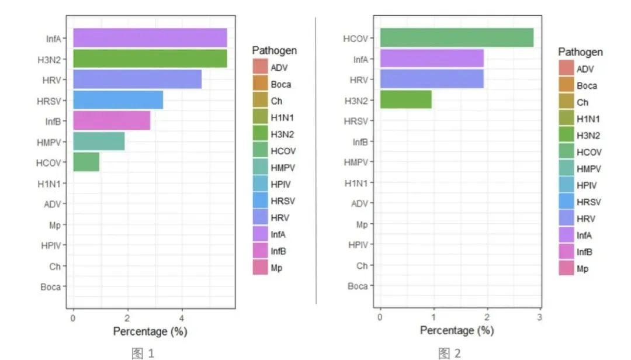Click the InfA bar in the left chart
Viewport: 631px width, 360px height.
click(x=150, y=38)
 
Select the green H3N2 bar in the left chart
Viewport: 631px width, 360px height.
click(x=150, y=58)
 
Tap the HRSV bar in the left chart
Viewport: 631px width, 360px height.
click(x=118, y=100)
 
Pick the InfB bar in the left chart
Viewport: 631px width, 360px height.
click(x=112, y=120)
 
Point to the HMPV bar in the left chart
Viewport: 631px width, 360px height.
click(x=99, y=141)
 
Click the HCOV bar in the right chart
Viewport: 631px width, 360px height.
click(x=457, y=37)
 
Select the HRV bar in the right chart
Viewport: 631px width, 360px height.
click(x=432, y=79)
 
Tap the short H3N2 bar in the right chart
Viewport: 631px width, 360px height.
click(x=406, y=99)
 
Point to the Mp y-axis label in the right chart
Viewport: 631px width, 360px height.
click(x=362, y=224)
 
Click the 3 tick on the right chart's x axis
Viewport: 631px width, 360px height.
click(x=540, y=317)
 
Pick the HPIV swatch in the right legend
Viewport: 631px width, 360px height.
click(x=566, y=186)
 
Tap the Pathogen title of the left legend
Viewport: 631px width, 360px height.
click(x=275, y=50)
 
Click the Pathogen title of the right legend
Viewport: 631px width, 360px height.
click(x=580, y=52)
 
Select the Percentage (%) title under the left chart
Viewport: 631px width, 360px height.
click(x=150, y=331)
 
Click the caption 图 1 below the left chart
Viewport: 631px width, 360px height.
click(x=143, y=352)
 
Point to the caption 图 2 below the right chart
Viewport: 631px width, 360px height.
click(x=449, y=352)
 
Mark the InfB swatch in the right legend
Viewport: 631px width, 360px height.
click(x=566, y=252)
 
